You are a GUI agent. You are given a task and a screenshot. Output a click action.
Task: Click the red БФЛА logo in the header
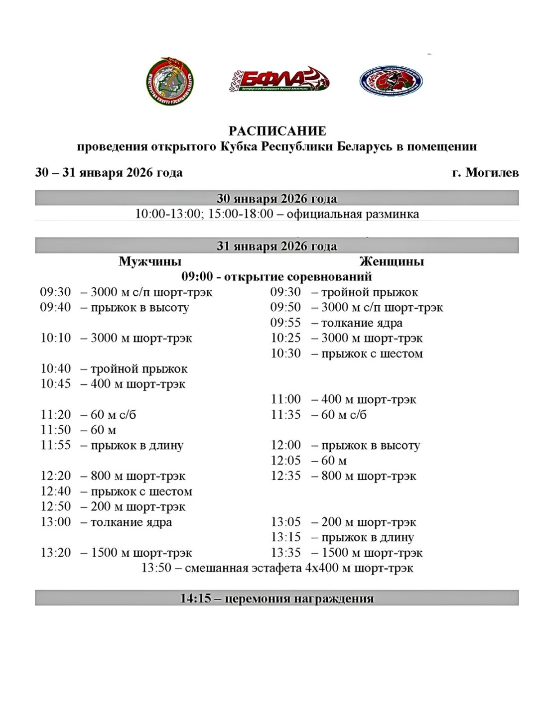[x=279, y=80]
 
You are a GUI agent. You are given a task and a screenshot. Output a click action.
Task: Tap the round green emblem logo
[x=170, y=81]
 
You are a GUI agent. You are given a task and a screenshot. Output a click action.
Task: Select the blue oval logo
[x=391, y=80]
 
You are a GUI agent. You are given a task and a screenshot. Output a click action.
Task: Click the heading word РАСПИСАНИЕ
[x=277, y=131]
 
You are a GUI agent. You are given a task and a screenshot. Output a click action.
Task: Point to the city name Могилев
[x=492, y=172]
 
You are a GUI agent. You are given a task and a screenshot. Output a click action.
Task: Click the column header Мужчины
[x=150, y=261]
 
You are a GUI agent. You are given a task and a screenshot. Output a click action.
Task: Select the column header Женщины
[x=392, y=261]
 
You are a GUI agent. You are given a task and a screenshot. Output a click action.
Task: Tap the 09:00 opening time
[x=197, y=276]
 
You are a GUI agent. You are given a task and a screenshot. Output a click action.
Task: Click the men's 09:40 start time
[x=55, y=307]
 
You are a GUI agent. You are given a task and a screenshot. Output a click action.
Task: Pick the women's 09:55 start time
[x=285, y=323]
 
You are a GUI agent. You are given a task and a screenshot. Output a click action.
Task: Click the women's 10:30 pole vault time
[x=285, y=354]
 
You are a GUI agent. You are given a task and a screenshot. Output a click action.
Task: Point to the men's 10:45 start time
[x=55, y=384]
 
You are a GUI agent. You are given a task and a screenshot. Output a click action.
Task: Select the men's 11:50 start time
[x=55, y=430]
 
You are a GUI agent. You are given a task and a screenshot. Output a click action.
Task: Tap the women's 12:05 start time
[x=285, y=461]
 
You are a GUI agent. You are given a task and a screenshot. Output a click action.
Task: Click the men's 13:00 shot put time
[x=55, y=522]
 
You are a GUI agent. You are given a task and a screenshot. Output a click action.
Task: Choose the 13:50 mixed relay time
[x=156, y=568]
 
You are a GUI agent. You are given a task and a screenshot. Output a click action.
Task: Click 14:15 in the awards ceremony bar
[x=196, y=598]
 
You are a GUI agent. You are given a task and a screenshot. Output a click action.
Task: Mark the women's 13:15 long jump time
[x=285, y=537]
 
